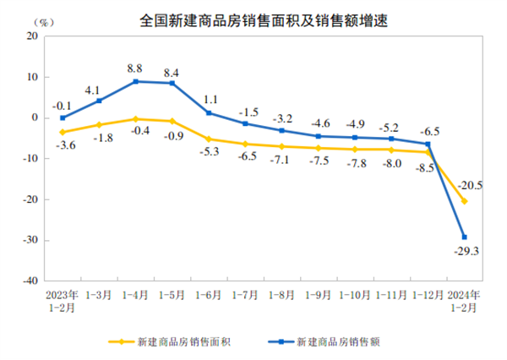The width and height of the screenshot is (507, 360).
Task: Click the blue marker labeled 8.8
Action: (135, 81)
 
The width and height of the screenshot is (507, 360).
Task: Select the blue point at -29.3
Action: (465, 237)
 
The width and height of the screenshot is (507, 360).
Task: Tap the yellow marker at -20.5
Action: (465, 201)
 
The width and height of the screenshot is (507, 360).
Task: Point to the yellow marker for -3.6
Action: (63, 132)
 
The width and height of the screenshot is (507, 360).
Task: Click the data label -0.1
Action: (61, 105)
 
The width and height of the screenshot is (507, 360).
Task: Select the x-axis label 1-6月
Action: (209, 295)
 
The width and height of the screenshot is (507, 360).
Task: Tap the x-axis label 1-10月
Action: (355, 295)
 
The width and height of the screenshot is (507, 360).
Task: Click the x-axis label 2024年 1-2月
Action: (464, 301)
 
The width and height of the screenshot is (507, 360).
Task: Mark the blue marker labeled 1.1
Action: (209, 113)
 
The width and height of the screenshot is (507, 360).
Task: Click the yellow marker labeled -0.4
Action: (135, 119)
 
